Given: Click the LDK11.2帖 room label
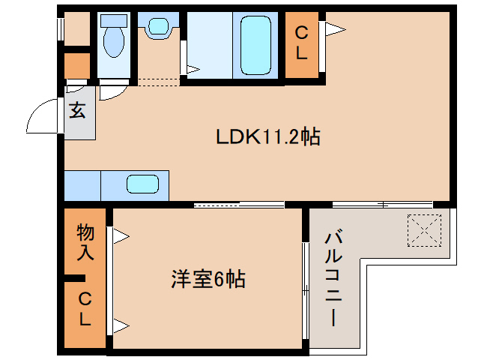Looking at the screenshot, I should tap(267, 136).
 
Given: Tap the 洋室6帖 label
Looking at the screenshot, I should tap(208, 280).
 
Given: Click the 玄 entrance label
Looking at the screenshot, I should tap(78, 112).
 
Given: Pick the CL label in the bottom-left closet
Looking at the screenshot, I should tap(85, 310).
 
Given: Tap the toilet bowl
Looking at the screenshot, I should tap(114, 40).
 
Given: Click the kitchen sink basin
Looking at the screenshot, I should tap(141, 184).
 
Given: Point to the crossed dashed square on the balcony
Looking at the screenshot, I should tap(424, 228).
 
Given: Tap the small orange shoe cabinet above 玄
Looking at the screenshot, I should tap(76, 66).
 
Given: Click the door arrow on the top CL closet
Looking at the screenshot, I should tap(334, 29).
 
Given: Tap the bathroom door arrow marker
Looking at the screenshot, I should tap(193, 70).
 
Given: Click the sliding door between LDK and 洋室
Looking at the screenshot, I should tap(239, 204).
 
